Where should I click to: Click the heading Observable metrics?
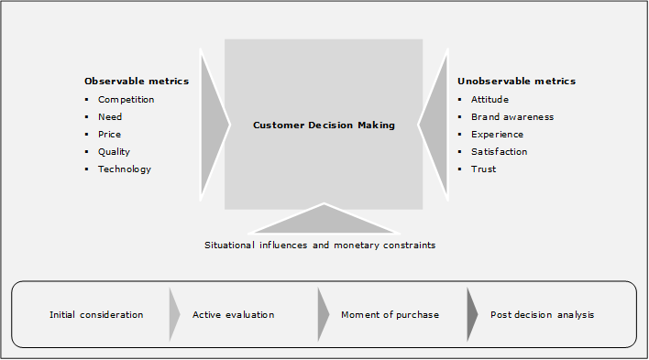[x=137, y=82]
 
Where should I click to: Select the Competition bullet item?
[x=126, y=100]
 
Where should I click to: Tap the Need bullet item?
[x=110, y=117]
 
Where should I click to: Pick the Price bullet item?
[x=110, y=135]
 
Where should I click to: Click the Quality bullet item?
[x=114, y=152]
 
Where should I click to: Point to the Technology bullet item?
[x=124, y=169]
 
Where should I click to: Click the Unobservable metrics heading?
[x=516, y=82]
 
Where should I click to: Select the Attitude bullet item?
[x=489, y=100]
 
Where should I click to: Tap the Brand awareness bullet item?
[x=511, y=117]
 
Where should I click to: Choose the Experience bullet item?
[x=497, y=135]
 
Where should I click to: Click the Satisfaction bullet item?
[x=499, y=152]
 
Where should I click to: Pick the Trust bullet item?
[x=483, y=169]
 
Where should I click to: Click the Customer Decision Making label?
[x=324, y=125]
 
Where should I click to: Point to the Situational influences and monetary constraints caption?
[x=320, y=245]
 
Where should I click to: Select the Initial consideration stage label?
[x=96, y=315]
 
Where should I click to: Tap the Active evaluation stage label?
[x=233, y=315]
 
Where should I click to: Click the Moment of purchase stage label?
[x=390, y=315]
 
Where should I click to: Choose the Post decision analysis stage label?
[x=542, y=315]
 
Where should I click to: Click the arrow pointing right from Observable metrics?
[x=214, y=124]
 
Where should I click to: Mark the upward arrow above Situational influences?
[x=324, y=221]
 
